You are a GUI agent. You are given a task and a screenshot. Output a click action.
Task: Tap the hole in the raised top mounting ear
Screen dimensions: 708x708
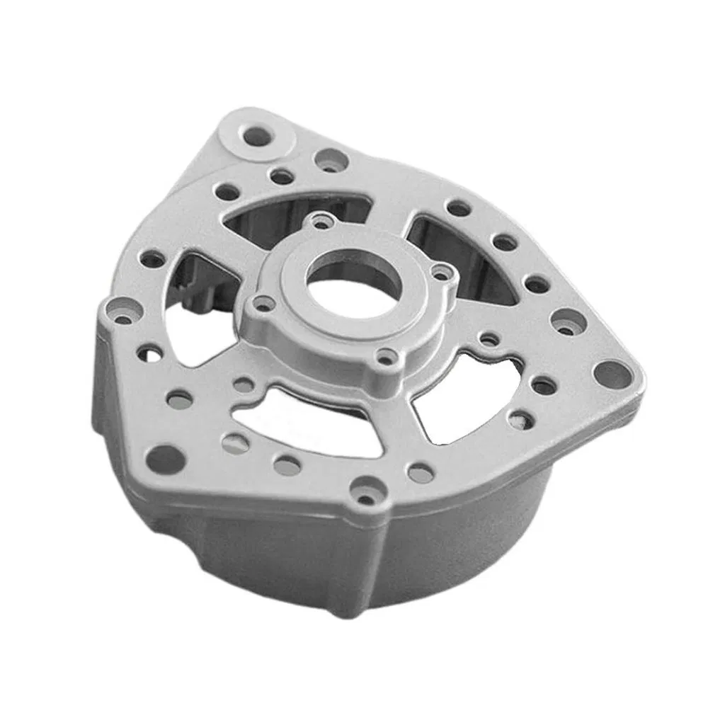(258, 136)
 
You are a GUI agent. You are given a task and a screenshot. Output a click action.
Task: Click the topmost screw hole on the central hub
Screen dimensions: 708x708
(323, 222)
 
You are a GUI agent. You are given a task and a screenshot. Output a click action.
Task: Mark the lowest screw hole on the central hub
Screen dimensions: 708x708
(385, 358)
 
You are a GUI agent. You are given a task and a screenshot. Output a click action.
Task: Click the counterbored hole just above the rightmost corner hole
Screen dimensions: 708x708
(569, 322)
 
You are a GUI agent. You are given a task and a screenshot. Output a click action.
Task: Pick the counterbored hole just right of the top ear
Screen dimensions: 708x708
(329, 159)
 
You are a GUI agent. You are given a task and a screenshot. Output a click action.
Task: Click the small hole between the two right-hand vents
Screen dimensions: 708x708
(489, 340)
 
